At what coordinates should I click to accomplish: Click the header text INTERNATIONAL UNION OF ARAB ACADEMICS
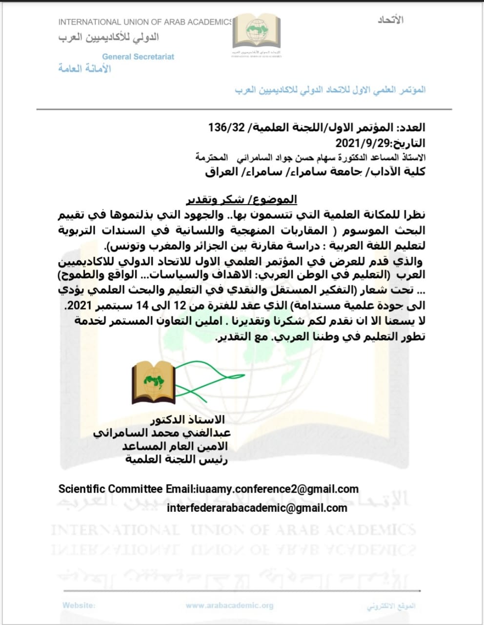click(x=145, y=22)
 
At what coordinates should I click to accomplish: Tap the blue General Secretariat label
click(x=138, y=57)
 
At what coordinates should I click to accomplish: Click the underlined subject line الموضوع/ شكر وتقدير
click(x=242, y=199)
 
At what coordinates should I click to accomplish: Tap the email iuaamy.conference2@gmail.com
click(x=276, y=489)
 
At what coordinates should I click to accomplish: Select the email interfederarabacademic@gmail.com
click(x=257, y=508)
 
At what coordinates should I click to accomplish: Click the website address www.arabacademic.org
click(x=229, y=605)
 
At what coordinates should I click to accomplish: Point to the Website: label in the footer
click(x=79, y=605)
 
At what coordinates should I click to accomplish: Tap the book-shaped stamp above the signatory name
click(x=153, y=383)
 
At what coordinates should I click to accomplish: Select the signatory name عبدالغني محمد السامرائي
click(x=162, y=433)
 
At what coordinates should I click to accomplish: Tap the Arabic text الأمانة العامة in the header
click(x=85, y=68)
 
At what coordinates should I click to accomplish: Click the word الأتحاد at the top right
click(x=390, y=20)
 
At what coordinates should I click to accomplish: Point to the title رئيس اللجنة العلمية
click(x=176, y=459)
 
